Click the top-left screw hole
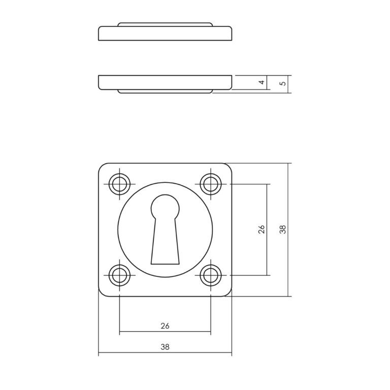(x=120, y=184)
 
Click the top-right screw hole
(x=211, y=184)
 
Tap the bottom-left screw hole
(x=120, y=275)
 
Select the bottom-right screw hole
(x=211, y=275)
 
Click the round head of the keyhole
(x=165, y=207)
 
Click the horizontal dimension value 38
(x=165, y=346)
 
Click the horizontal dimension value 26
(x=165, y=326)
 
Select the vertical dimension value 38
(x=283, y=230)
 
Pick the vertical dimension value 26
(x=262, y=230)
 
